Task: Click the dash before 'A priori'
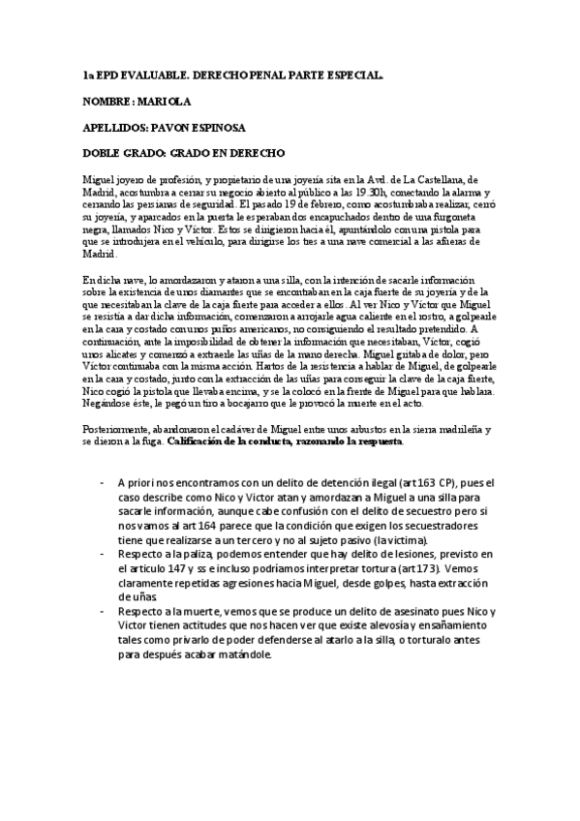[x=103, y=482]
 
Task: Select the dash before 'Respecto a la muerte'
[x=103, y=613]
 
